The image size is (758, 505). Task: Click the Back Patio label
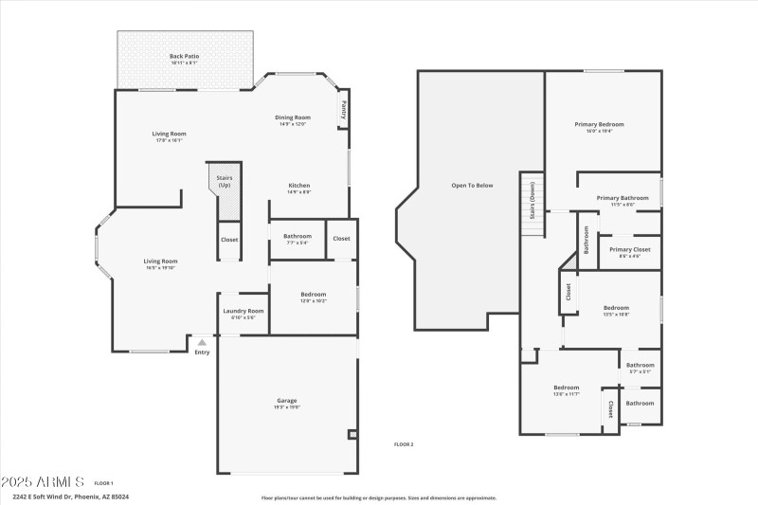(x=185, y=56)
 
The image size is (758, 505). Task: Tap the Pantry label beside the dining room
(x=344, y=110)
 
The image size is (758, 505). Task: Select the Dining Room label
(x=292, y=117)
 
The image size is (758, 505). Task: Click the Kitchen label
(x=299, y=186)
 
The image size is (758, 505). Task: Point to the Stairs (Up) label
(x=225, y=181)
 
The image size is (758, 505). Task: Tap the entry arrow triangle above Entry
(x=201, y=342)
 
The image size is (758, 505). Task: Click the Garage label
(x=287, y=401)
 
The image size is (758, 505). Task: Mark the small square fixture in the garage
(x=352, y=435)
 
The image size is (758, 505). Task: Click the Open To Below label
(x=471, y=186)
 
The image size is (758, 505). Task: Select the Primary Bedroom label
(x=599, y=124)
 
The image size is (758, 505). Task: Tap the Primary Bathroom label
(x=623, y=198)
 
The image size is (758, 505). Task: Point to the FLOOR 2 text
(x=404, y=444)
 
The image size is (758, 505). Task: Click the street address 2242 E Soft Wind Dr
(x=71, y=496)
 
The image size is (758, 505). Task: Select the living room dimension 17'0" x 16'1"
(x=169, y=140)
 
